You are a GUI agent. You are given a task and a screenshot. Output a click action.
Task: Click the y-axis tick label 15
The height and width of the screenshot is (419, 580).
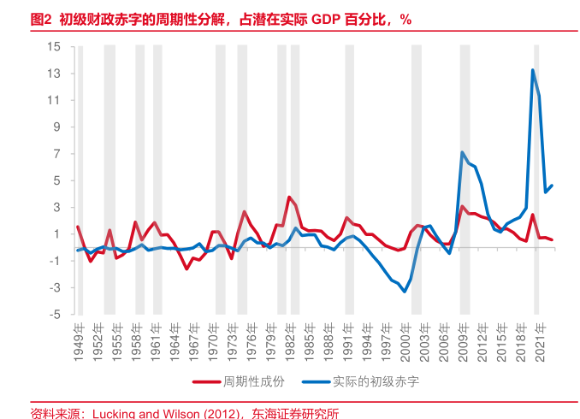(x=54, y=46)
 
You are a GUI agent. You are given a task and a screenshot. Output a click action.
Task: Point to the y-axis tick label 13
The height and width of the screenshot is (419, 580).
(x=54, y=74)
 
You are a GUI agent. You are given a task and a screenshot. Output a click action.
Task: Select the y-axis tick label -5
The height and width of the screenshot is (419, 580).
(x=54, y=314)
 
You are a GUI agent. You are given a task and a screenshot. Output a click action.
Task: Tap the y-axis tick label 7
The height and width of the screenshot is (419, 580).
(x=56, y=154)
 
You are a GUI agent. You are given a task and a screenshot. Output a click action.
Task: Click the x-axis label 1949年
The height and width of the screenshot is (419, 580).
(x=78, y=339)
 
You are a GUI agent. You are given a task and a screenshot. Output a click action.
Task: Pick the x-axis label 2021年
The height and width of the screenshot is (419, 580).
(x=541, y=339)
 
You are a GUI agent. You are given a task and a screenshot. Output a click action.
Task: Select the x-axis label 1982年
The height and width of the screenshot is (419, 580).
(x=290, y=339)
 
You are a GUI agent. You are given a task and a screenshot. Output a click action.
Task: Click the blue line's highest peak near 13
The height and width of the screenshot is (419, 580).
(x=533, y=70)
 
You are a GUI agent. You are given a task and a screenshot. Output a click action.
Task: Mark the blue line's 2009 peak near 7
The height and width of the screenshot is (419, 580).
(x=463, y=152)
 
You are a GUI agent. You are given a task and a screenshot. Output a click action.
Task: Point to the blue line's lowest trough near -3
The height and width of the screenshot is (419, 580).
(x=405, y=292)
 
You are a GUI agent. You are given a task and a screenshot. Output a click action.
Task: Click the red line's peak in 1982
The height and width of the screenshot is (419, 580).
(x=289, y=197)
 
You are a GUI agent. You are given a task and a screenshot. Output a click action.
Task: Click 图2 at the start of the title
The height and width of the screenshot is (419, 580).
(x=41, y=19)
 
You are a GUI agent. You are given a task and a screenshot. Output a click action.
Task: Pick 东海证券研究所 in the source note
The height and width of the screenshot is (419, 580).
(x=295, y=412)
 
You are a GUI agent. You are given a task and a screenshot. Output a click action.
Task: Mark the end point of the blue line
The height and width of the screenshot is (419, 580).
(x=552, y=186)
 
